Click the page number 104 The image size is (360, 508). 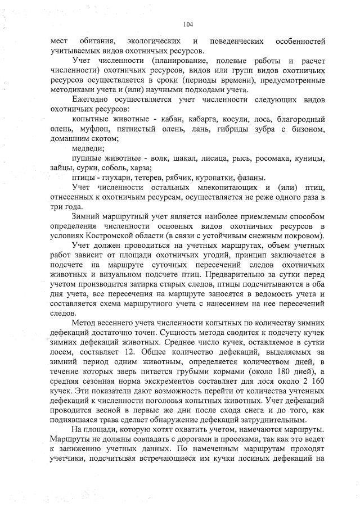[x=188, y=24]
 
